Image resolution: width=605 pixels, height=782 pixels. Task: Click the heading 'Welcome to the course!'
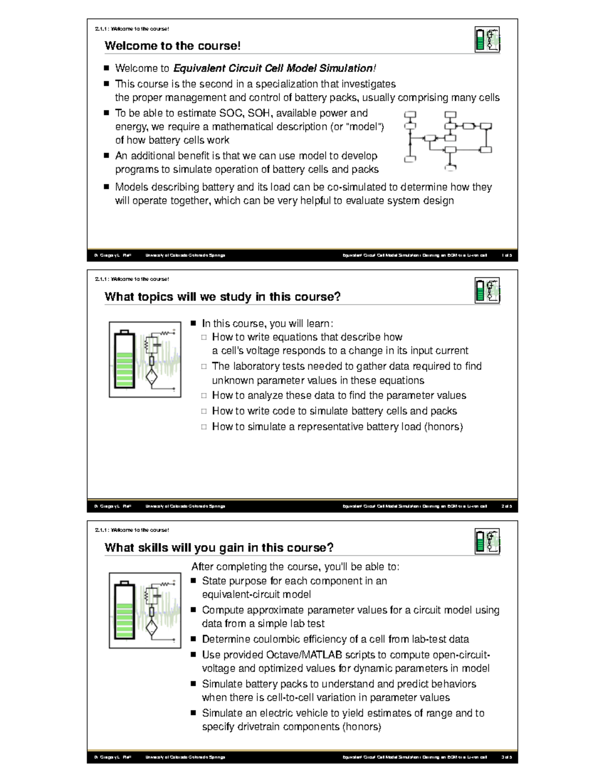(x=172, y=46)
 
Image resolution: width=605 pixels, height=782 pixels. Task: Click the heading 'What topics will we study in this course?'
(x=222, y=297)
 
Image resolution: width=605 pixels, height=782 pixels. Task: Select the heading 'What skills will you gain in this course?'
(x=219, y=547)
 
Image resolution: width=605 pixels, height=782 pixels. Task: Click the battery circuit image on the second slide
(x=145, y=360)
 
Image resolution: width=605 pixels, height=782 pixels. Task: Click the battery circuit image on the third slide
(x=145, y=610)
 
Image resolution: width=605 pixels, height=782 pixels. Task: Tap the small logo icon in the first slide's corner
(x=487, y=40)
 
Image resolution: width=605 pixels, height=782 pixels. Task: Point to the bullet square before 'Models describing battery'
(x=106, y=187)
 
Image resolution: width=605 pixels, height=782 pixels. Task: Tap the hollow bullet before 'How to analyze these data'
(x=204, y=396)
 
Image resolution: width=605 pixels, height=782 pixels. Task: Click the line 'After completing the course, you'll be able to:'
(x=295, y=567)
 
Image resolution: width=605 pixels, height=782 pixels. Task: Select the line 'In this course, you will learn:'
(x=267, y=323)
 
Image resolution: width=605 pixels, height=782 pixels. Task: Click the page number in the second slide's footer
(x=506, y=507)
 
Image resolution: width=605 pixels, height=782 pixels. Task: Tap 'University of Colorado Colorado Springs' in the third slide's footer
(x=185, y=757)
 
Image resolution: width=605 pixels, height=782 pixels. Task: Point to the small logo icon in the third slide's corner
(x=487, y=542)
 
